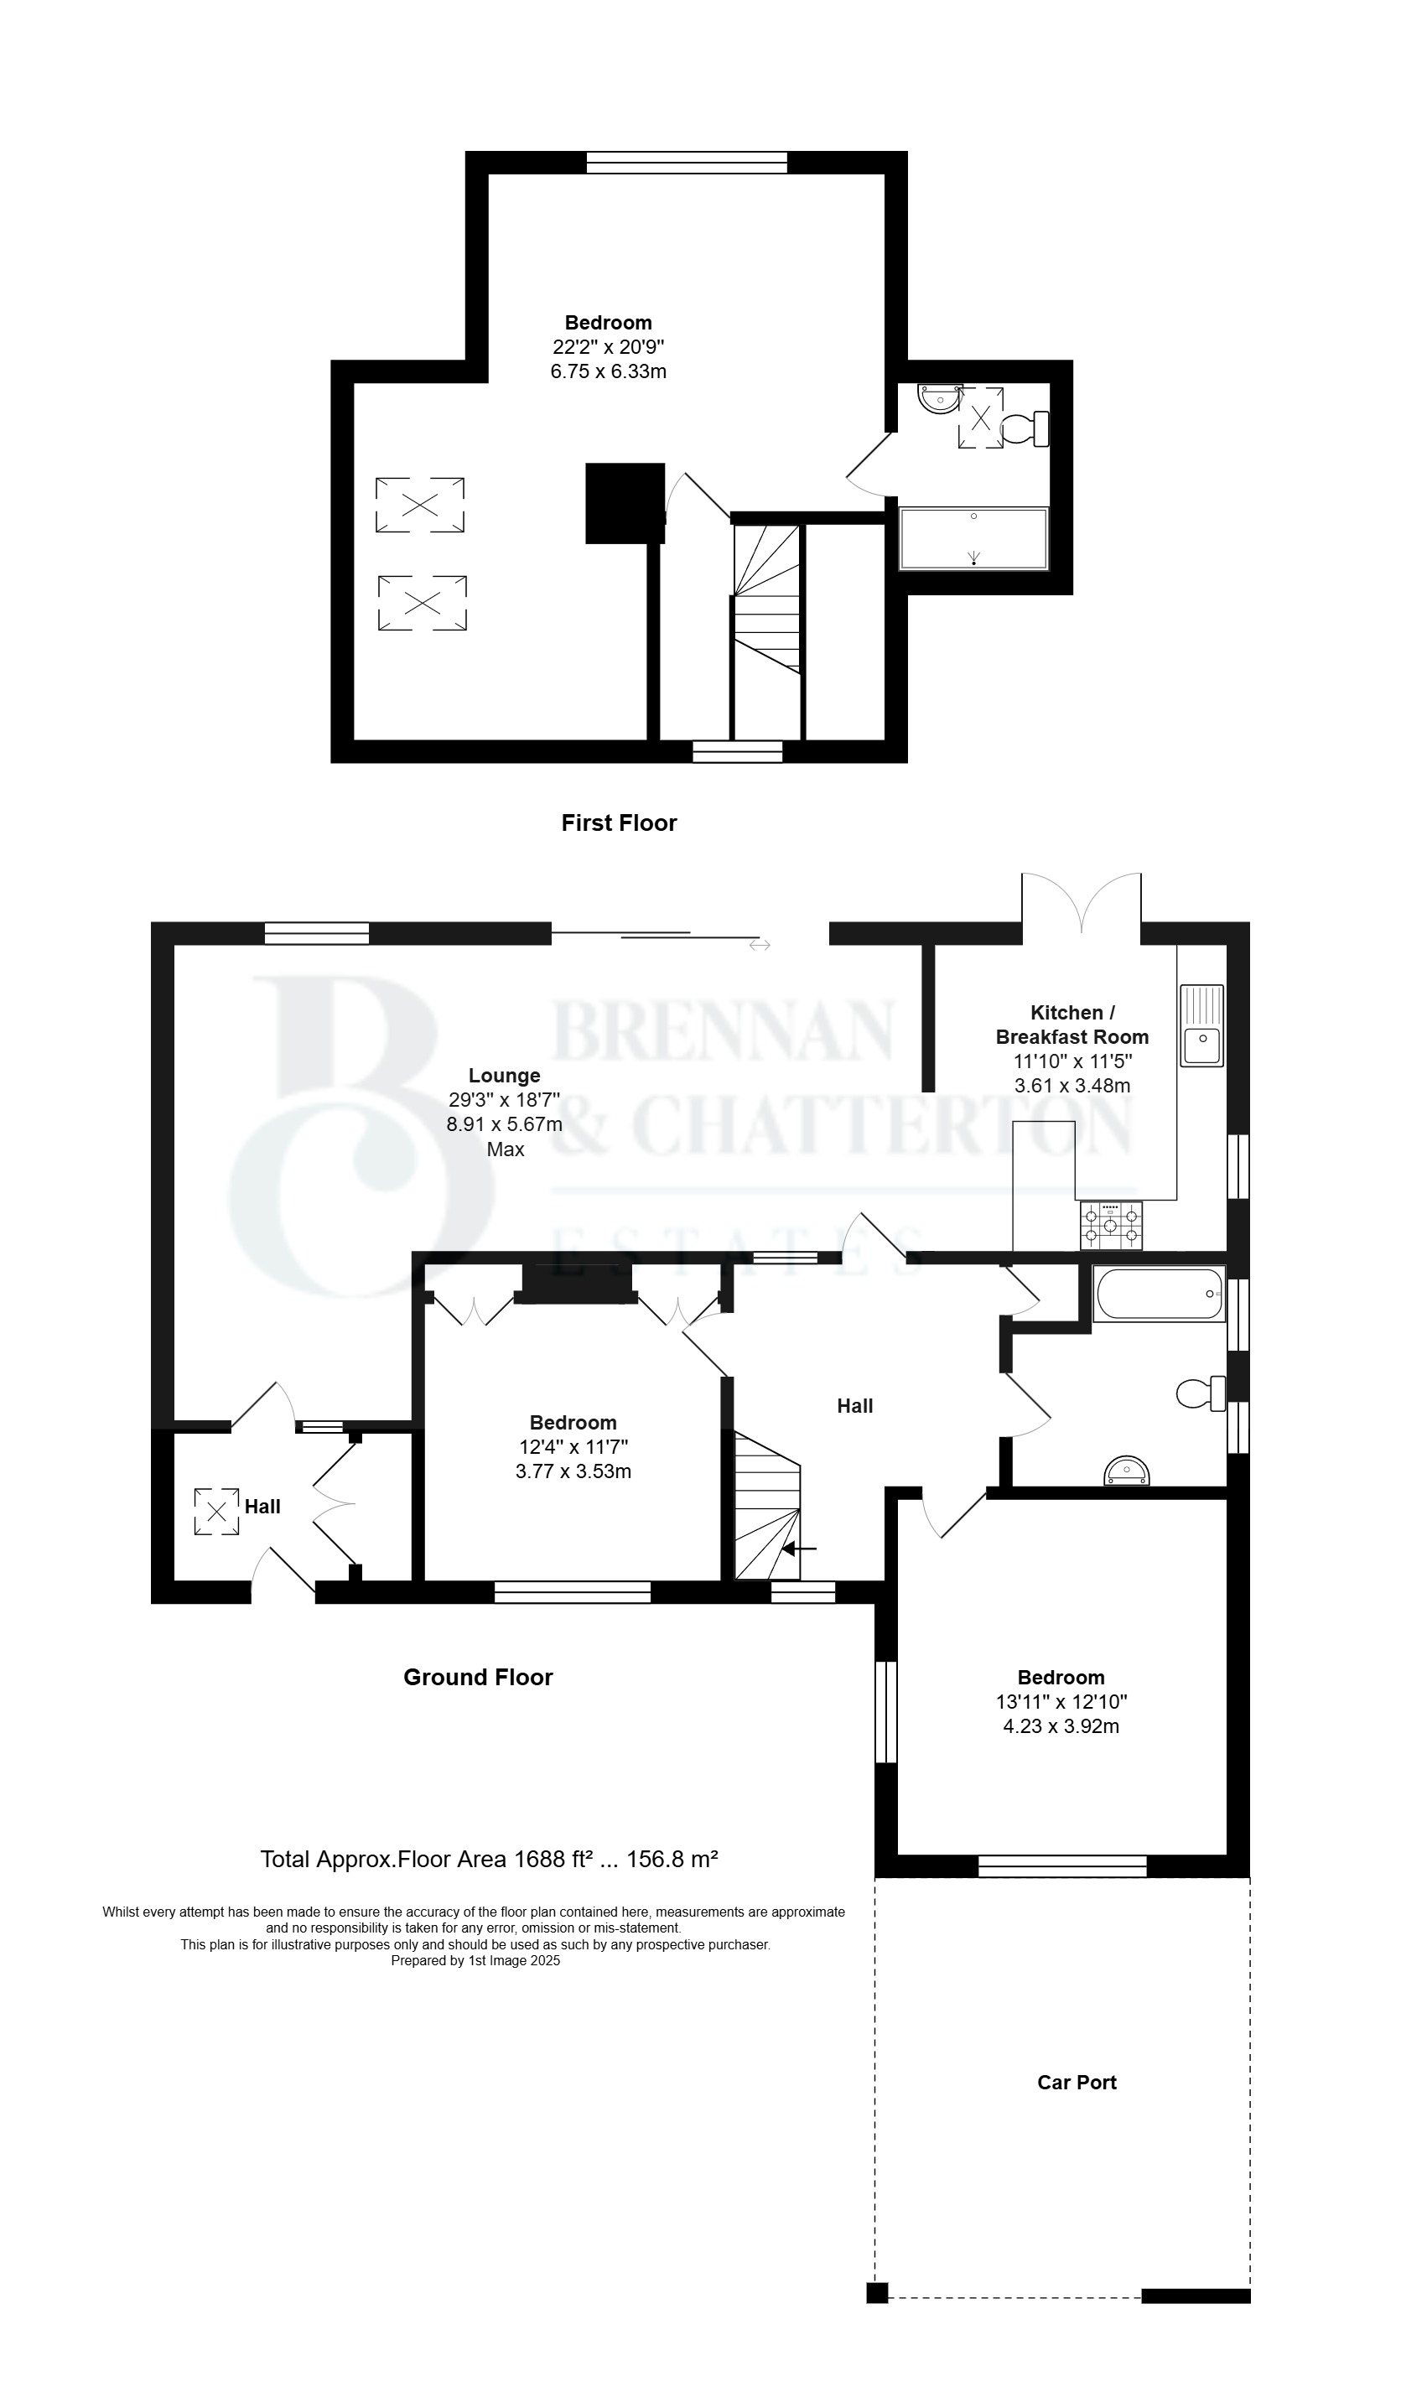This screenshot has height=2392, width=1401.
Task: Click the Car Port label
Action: (1077, 2082)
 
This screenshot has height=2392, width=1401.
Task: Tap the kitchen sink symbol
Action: (1201, 1025)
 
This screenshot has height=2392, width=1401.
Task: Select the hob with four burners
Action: (1111, 1224)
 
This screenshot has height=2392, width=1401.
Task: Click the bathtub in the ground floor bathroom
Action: (1159, 1294)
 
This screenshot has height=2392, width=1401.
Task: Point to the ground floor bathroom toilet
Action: (1201, 1393)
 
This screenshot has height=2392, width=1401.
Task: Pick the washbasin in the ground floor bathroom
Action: (1127, 1471)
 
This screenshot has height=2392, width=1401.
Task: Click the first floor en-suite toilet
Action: (1026, 428)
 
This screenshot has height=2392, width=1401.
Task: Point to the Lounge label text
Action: (504, 1076)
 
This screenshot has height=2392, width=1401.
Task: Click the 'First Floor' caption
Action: (619, 823)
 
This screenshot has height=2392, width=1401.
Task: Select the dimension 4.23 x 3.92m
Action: (1061, 1726)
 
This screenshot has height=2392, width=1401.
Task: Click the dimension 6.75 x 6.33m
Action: (609, 371)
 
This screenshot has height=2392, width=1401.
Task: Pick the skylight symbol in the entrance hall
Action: (216, 1511)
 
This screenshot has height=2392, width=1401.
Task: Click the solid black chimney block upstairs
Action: (625, 503)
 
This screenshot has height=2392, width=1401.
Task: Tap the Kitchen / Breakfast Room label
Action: (1072, 1025)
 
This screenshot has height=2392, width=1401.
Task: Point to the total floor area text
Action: (489, 1860)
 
